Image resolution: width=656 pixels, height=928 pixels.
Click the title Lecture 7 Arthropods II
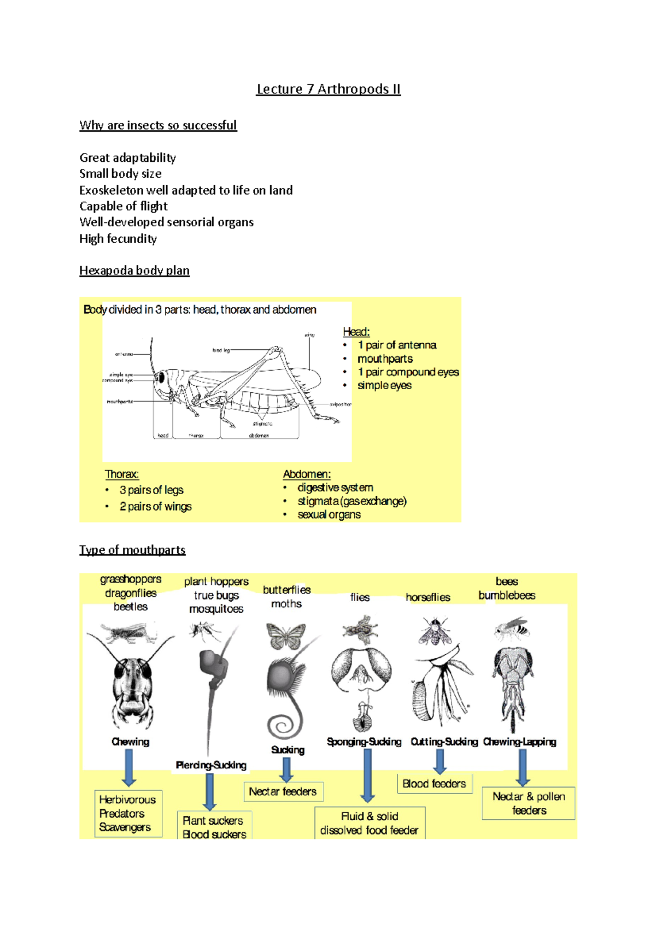pos(328,89)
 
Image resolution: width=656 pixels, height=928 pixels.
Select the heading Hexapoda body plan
pos(134,271)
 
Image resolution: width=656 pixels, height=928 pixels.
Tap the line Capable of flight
pos(124,206)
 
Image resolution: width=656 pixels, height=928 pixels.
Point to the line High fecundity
pos(118,239)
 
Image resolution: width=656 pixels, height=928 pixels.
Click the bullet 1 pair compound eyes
pos(408,372)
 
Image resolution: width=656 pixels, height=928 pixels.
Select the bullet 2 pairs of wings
pos(155,507)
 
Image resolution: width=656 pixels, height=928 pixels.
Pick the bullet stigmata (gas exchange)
pos(352,501)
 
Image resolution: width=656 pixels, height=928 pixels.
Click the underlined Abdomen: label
pos(307,474)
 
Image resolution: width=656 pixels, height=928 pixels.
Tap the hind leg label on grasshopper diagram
pos(221,350)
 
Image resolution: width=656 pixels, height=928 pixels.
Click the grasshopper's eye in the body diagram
pos(161,378)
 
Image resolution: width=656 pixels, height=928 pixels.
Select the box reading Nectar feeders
pos(283,791)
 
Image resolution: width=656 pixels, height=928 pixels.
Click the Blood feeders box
pos(434,784)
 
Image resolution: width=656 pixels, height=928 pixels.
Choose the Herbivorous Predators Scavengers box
pos(128,813)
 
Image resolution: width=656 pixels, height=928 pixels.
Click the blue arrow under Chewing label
pos(129,767)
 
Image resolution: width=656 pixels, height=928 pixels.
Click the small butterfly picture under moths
pos(286,636)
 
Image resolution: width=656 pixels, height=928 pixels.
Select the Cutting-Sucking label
pos(444,742)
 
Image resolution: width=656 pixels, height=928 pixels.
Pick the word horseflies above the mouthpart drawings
pos(428,597)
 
